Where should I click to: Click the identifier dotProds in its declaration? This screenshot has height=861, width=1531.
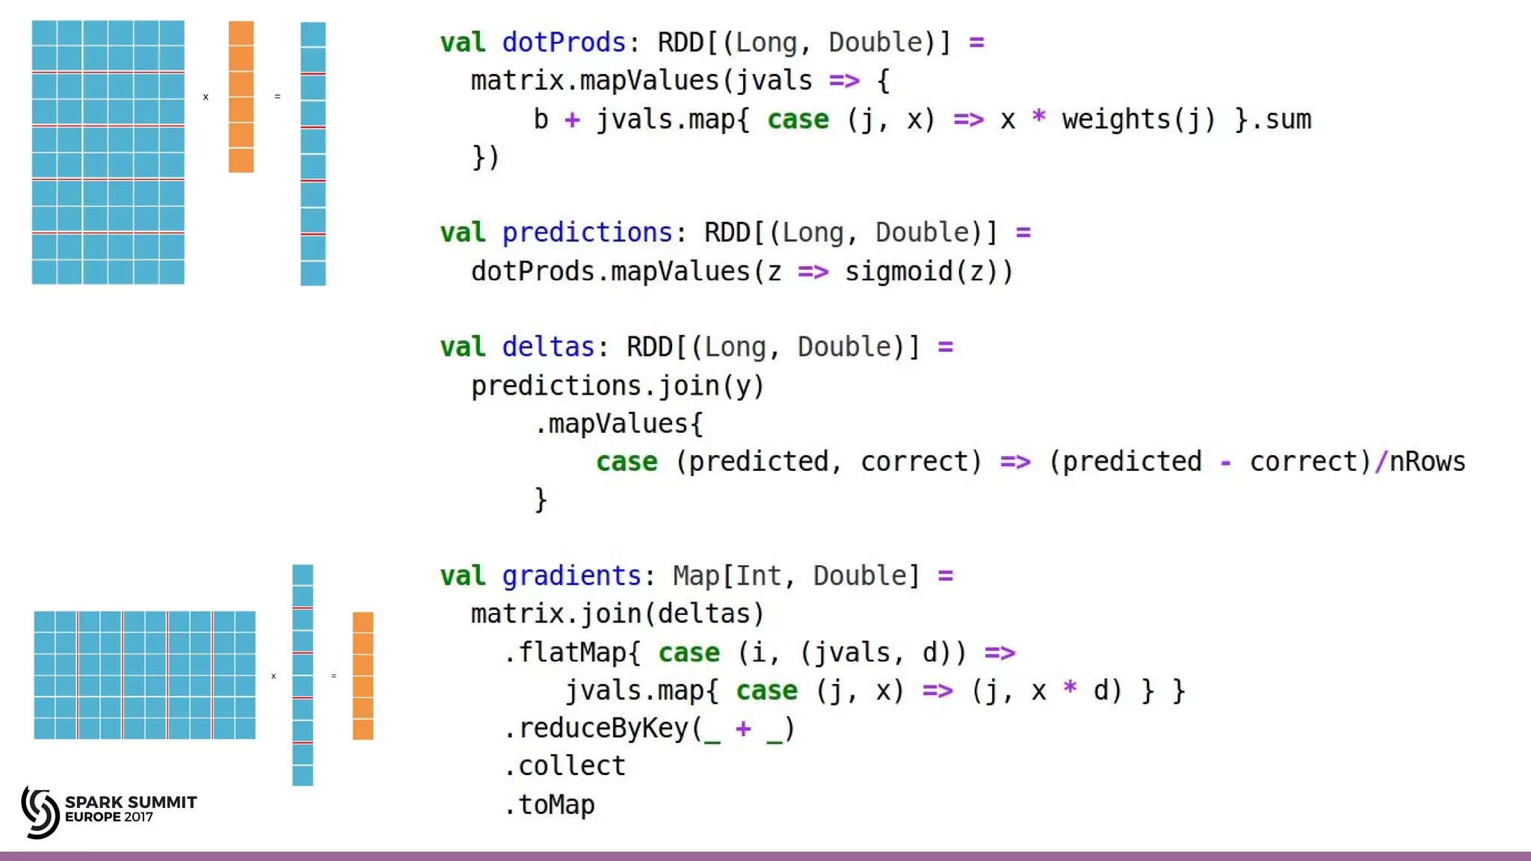[x=563, y=43]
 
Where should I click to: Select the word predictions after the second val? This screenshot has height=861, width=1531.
[x=587, y=232]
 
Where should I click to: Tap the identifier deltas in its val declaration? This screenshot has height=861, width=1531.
[x=548, y=347]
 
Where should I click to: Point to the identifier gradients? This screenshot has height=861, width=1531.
[x=571, y=575]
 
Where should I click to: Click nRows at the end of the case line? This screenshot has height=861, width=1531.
[x=1427, y=462]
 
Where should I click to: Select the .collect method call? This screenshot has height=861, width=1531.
[x=565, y=766]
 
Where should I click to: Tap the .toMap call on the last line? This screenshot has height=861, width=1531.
[x=550, y=805]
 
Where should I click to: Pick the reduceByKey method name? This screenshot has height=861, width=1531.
[x=603, y=728]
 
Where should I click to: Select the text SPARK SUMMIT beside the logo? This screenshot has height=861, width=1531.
[x=131, y=802]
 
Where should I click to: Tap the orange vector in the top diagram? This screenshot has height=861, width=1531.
[x=241, y=96]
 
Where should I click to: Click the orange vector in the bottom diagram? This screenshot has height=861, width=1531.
[x=363, y=676]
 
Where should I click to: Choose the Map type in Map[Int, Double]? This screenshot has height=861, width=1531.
[x=695, y=575]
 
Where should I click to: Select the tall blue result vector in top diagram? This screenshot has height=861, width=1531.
[x=312, y=153]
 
